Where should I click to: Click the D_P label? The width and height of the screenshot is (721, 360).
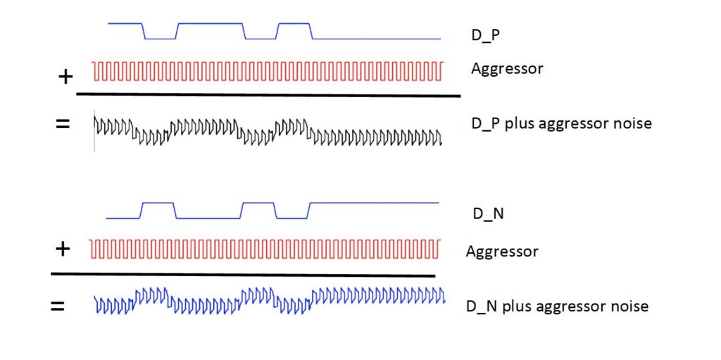tap(486, 35)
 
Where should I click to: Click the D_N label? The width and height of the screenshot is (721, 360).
tap(489, 213)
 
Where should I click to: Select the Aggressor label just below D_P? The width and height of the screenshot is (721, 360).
tap(507, 69)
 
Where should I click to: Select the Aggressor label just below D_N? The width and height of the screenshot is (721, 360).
tap(502, 252)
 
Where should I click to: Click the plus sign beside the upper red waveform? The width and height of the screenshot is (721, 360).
tap(65, 77)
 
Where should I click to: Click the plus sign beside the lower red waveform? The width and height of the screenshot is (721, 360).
tap(62, 249)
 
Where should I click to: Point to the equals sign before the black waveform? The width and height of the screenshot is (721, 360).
tap(63, 124)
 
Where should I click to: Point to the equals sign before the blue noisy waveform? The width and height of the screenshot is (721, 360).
tap(57, 306)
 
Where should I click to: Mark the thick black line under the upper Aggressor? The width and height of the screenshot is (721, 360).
tap(268, 95)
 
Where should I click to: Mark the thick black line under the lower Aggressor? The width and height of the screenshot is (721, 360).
tap(243, 275)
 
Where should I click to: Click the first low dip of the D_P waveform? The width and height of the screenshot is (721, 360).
tap(161, 39)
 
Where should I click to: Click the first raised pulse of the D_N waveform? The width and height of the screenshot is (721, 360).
tap(158, 203)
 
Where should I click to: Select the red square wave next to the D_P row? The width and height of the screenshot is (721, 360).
tap(268, 70)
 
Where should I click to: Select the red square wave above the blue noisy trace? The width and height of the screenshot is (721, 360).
tap(265, 249)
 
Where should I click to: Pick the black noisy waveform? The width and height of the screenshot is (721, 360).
tap(268, 131)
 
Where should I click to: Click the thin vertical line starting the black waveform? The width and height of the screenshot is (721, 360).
tap(94, 131)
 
